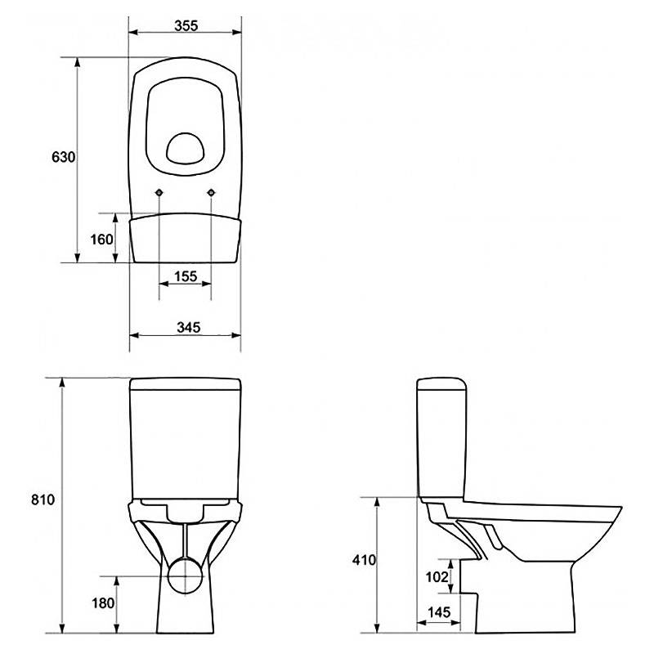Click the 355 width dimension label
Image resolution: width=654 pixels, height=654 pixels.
point(186,26)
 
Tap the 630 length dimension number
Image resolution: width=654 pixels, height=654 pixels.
point(64,157)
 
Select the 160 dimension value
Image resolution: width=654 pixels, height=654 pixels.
point(101,240)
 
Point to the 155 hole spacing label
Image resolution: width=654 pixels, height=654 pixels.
point(186,276)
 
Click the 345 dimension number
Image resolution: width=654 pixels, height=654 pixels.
point(189,328)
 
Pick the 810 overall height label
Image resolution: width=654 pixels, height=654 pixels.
point(43,499)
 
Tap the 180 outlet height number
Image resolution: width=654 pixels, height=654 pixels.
point(103,602)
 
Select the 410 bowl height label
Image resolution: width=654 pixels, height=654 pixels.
point(364,560)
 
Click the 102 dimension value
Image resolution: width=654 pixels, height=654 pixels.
point(437,577)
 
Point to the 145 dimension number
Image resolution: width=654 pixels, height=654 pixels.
point(439,611)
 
